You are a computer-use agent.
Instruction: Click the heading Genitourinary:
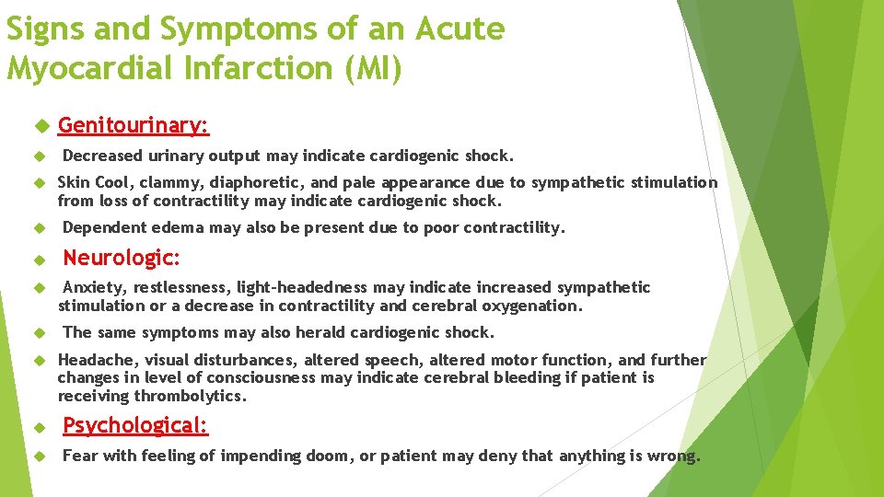tap(134, 124)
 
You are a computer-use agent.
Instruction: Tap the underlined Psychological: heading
tap(135, 425)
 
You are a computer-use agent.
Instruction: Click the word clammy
tap(157, 182)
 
